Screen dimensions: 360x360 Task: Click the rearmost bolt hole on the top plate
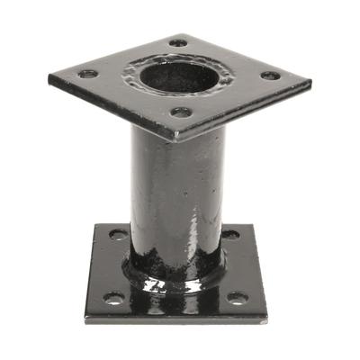[x=178, y=42]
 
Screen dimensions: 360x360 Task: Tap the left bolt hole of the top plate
[x=87, y=74]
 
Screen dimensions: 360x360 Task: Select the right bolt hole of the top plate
[x=270, y=76]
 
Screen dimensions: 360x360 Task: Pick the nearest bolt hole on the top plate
[x=181, y=112]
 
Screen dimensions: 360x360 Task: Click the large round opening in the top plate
[x=177, y=76]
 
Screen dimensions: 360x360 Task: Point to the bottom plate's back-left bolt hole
[x=118, y=234]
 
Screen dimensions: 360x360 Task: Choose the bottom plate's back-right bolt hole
[x=231, y=235]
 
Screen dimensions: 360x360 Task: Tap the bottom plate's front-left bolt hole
[x=112, y=297]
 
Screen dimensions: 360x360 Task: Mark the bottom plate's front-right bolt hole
[x=237, y=297]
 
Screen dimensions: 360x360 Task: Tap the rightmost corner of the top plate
[x=311, y=82]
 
